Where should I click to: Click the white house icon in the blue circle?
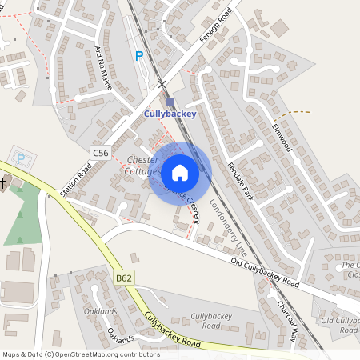click(180, 173)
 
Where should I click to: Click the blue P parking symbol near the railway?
click(139, 56)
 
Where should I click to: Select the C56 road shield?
click(100, 152)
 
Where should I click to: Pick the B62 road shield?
click(124, 278)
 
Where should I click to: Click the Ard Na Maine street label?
click(103, 67)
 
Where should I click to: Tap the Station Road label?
click(77, 178)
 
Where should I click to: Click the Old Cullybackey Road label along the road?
click(265, 273)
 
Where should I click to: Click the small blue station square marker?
click(170, 102)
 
